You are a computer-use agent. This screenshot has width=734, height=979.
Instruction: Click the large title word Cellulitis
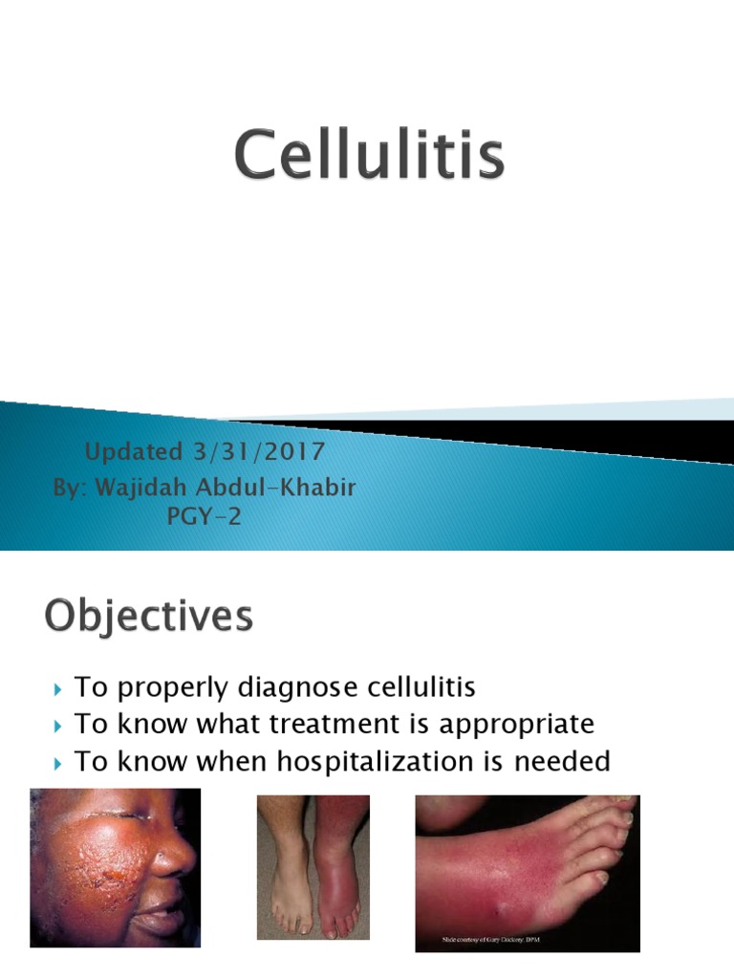(x=369, y=159)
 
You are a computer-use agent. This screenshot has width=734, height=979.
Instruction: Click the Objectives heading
(x=149, y=617)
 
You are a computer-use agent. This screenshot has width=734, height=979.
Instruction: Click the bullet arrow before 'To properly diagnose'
(x=58, y=688)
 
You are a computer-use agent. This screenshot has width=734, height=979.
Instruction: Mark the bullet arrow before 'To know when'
(x=58, y=761)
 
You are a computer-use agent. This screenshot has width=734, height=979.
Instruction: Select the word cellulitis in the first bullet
(x=420, y=687)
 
